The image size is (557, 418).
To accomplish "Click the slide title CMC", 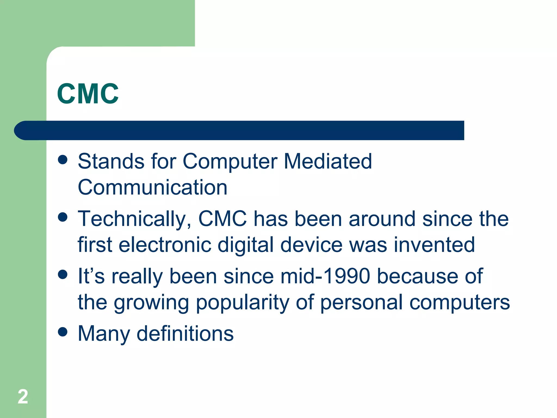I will [88, 94].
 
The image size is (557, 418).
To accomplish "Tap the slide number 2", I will [23, 397].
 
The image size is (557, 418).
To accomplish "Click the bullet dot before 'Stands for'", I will [63, 160].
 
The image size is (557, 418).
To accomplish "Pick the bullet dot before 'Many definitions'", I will [63, 332].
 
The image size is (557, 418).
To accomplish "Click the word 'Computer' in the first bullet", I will [230, 161].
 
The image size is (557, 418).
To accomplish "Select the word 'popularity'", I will [242, 303].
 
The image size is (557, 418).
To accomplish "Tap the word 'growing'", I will [151, 303].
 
